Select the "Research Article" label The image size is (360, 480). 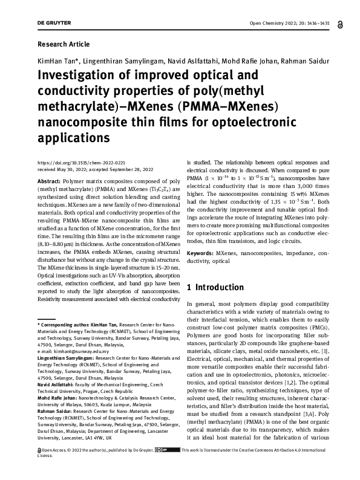coord(64,44)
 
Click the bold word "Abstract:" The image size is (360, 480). coord(49,181)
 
